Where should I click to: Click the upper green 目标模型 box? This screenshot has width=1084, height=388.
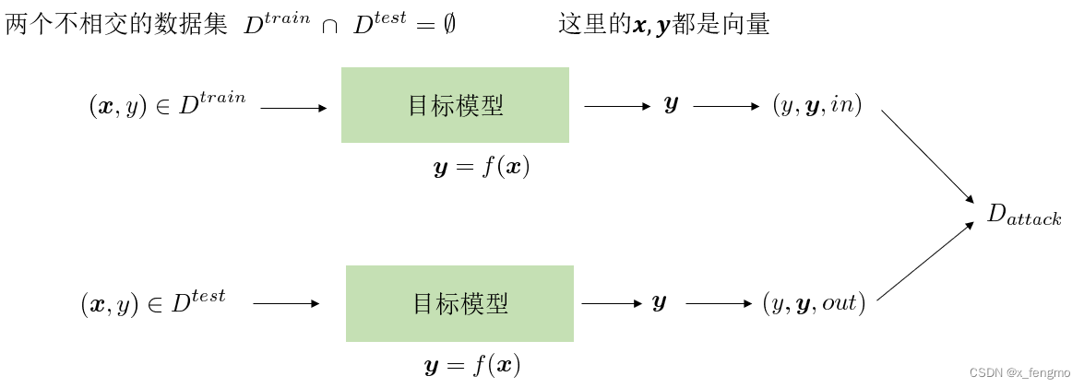(x=455, y=105)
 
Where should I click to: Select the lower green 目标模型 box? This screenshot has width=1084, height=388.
(x=459, y=303)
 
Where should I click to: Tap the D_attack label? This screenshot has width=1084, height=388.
(x=1023, y=216)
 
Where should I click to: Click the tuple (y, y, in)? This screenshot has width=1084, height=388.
(x=816, y=106)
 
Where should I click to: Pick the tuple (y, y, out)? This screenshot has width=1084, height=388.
(x=813, y=303)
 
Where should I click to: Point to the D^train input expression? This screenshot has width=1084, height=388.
(x=167, y=105)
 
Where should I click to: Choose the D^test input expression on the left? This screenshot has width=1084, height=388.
(x=153, y=302)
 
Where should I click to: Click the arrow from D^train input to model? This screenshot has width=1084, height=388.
(x=293, y=108)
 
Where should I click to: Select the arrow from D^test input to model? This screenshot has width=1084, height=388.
(x=286, y=303)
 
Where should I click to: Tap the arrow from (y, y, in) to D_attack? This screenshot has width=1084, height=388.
(x=927, y=156)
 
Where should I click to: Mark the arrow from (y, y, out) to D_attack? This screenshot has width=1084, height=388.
(x=925, y=261)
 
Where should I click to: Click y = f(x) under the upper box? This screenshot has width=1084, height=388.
(x=482, y=168)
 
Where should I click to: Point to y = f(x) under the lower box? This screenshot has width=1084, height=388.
(x=472, y=366)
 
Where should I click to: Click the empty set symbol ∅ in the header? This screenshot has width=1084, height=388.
(x=448, y=26)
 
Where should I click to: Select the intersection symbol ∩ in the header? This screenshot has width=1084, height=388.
(x=328, y=27)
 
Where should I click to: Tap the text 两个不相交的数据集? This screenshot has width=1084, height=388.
(x=115, y=25)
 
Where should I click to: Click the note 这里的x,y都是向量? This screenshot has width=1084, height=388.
(x=663, y=25)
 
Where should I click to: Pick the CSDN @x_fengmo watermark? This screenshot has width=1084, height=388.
(x=1018, y=372)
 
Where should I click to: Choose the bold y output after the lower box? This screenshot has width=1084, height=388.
(x=659, y=303)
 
